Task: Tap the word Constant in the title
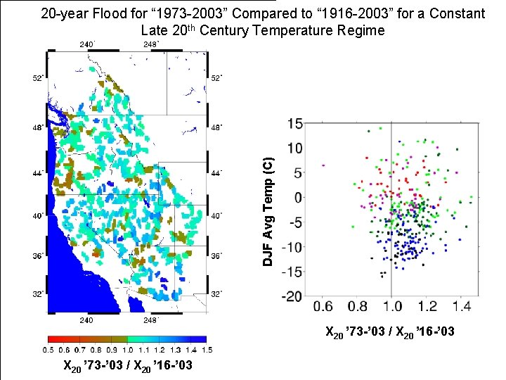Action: pos(456,13)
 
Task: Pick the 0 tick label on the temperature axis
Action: pos(298,198)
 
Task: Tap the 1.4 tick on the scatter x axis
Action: pos(462,308)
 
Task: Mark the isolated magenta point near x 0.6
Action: pos(323,165)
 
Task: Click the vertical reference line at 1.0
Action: pos(391,211)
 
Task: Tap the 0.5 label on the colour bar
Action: pos(48,350)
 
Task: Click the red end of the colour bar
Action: pos(52,339)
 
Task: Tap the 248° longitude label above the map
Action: pos(150,44)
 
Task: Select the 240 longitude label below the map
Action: pos(84,319)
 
